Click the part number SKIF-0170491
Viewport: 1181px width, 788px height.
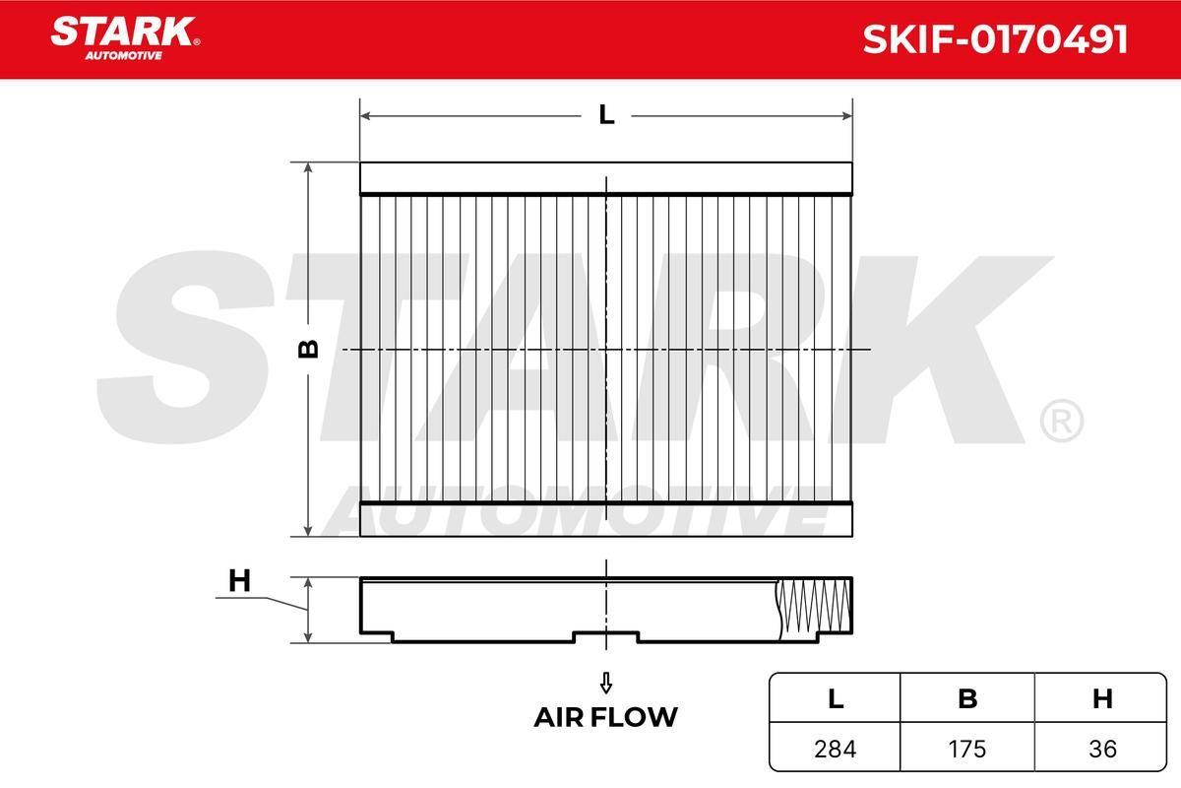point(995,39)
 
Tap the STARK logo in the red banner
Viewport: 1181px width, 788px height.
point(125,38)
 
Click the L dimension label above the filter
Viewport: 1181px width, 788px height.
point(606,114)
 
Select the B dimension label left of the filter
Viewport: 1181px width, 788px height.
point(308,349)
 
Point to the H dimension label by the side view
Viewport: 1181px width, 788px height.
point(239,580)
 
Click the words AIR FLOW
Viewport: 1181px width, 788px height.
point(606,717)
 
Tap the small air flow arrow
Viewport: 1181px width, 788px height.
point(606,683)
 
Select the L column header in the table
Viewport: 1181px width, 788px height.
point(836,698)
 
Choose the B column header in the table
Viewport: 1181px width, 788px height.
point(967,698)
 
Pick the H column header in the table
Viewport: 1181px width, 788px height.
point(1102,698)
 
